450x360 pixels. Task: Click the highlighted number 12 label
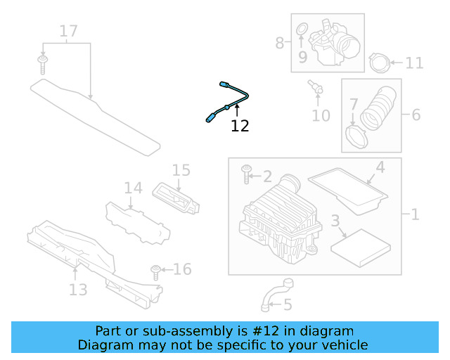240,127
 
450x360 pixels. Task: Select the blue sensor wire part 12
231,101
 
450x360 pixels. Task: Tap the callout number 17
68,32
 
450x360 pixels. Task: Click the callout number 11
414,63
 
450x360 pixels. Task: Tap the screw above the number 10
314,87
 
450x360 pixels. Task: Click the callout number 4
380,168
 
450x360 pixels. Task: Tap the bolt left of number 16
156,270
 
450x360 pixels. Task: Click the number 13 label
77,289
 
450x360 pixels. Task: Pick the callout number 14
133,188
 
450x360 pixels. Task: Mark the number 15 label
181,170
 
